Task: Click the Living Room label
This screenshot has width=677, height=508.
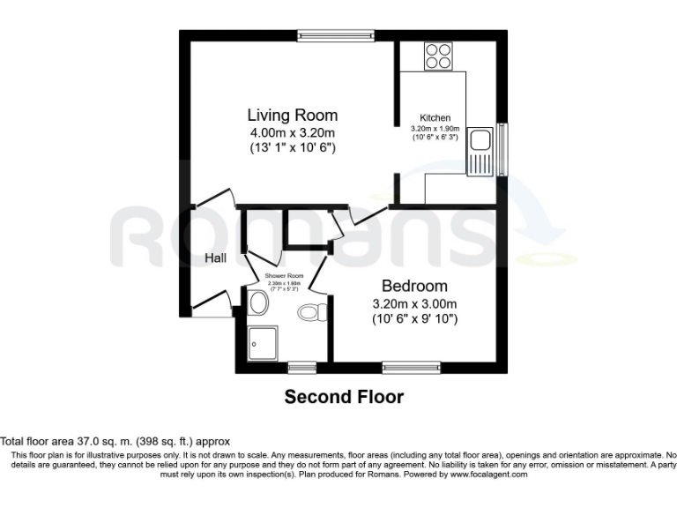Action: pos(292,116)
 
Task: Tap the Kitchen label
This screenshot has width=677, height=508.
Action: pos(435,118)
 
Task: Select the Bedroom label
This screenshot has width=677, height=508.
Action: pos(414,286)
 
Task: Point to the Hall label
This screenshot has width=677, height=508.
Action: pos(216,258)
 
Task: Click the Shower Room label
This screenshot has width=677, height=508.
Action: pos(283,276)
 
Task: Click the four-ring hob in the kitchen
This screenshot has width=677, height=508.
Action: pos(437,56)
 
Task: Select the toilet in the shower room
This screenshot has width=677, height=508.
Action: pos(313,311)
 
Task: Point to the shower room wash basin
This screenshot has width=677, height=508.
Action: pos(258,304)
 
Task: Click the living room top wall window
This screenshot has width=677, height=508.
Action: pos(336,36)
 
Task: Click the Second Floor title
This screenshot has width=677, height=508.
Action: pos(344,397)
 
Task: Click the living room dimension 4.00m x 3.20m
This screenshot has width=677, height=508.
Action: pos(292,133)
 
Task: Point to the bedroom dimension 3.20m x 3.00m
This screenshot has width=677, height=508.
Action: pos(414,303)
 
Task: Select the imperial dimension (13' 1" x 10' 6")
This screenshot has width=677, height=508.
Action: pos(292,148)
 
